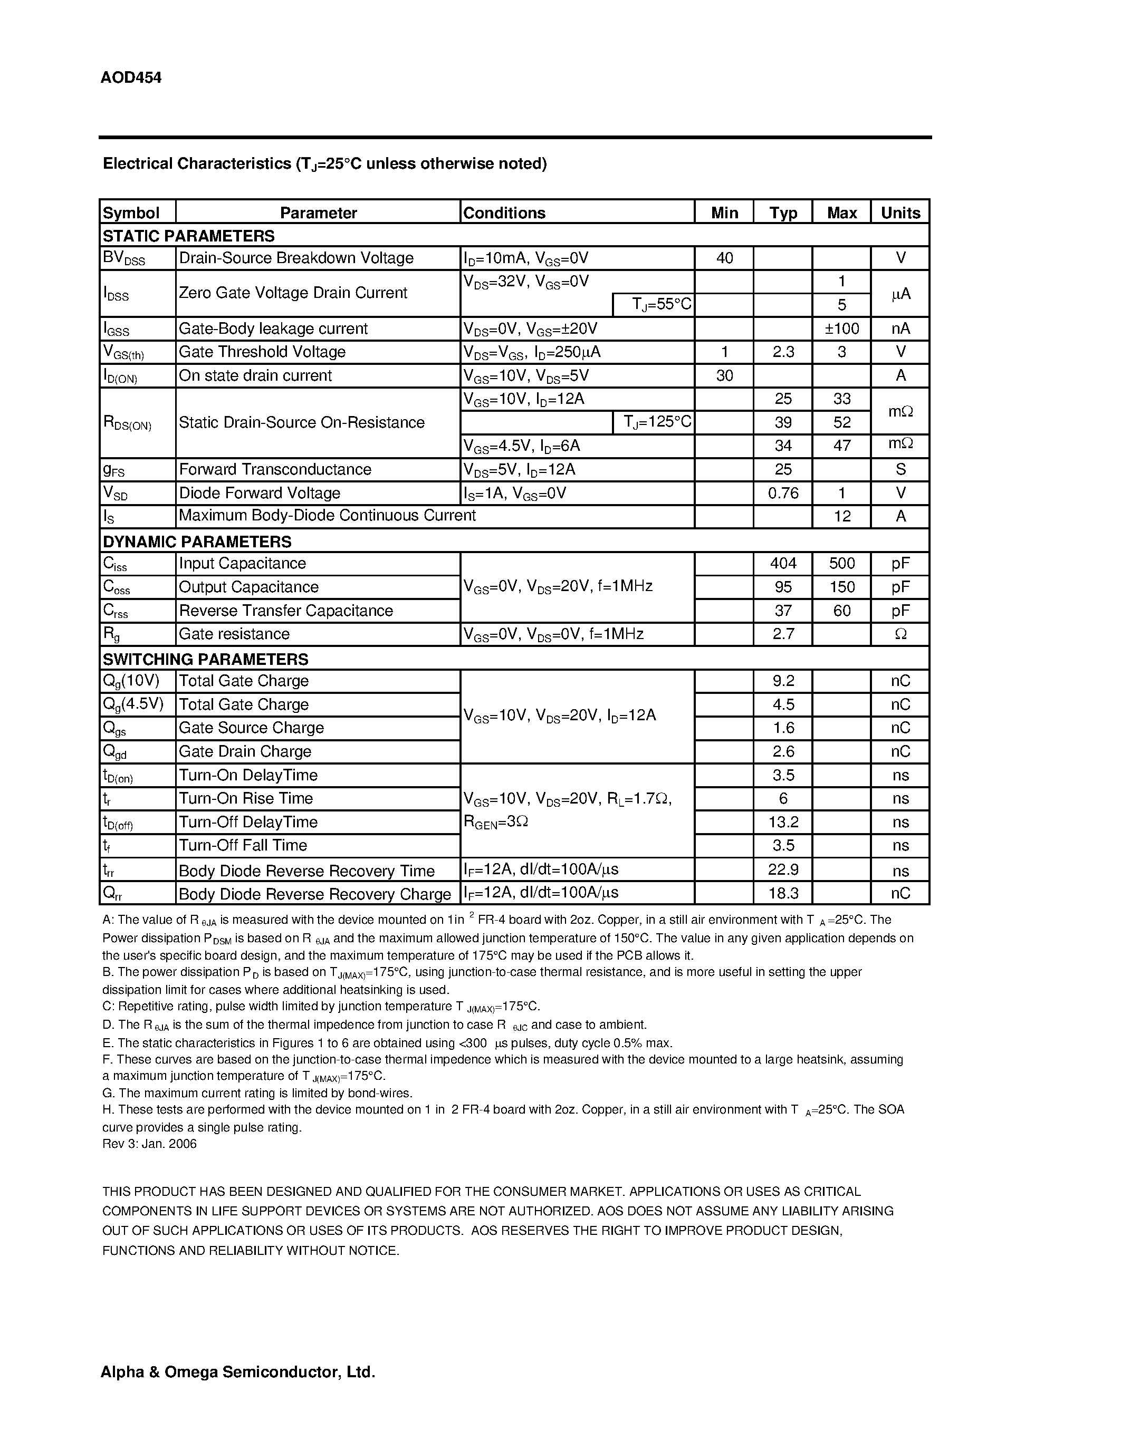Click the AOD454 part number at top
131,78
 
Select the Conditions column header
504,212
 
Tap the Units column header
900,212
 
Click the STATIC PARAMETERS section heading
189,236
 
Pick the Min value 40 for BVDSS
724,258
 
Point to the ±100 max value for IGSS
841,328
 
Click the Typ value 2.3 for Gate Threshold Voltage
783,352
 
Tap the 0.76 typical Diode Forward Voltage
783,492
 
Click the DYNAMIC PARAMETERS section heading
197,541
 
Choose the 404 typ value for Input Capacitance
783,564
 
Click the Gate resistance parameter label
234,634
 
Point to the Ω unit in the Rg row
900,634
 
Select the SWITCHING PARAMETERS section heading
205,659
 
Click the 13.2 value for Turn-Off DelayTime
783,822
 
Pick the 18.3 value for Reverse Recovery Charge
783,893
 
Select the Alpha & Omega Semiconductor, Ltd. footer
238,1371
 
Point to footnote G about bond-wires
257,1093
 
